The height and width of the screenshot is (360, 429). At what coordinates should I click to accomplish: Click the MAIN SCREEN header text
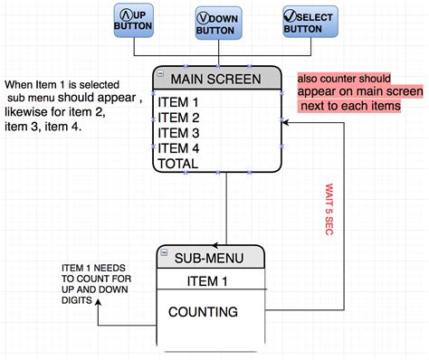pos(222,78)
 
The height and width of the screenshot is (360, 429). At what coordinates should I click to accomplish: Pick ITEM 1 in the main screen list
pos(178,102)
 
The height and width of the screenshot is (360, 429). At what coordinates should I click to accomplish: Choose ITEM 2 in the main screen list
pos(178,118)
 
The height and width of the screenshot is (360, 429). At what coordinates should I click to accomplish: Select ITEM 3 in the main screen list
pos(178,133)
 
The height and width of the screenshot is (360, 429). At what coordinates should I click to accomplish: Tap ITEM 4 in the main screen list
pos(178,148)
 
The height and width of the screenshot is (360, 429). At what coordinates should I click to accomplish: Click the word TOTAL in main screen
pos(177,164)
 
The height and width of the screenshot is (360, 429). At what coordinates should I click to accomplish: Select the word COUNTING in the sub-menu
pos(204,312)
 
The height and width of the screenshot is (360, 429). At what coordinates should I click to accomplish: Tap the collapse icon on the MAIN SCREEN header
pos(160,71)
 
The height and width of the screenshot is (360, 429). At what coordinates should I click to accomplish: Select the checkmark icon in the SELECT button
pos(291,14)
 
